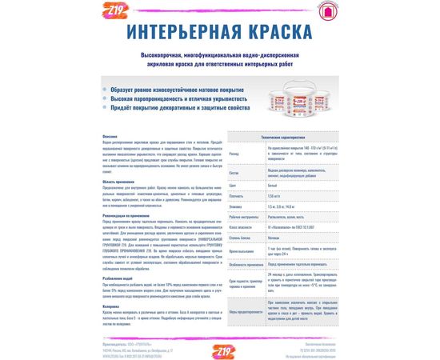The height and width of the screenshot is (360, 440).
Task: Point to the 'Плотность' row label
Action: pos(236,195)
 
